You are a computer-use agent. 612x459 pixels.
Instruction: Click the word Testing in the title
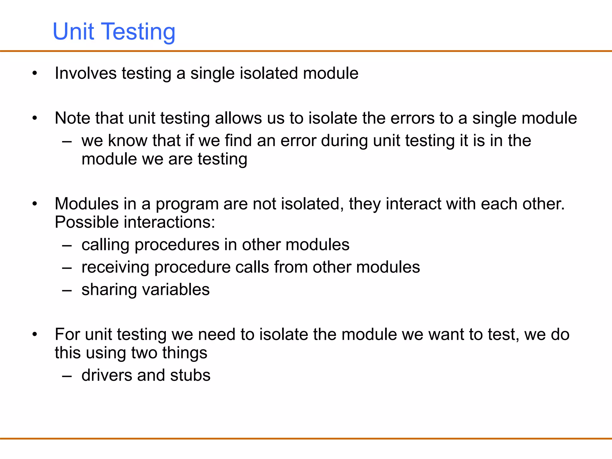point(139,32)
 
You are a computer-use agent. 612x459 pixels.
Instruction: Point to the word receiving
point(115,267)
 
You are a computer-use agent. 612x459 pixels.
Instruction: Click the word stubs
point(190,375)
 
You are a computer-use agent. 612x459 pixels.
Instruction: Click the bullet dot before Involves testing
point(35,73)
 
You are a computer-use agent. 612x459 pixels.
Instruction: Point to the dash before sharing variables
point(67,290)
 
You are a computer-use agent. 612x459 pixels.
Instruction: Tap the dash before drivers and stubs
point(67,376)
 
